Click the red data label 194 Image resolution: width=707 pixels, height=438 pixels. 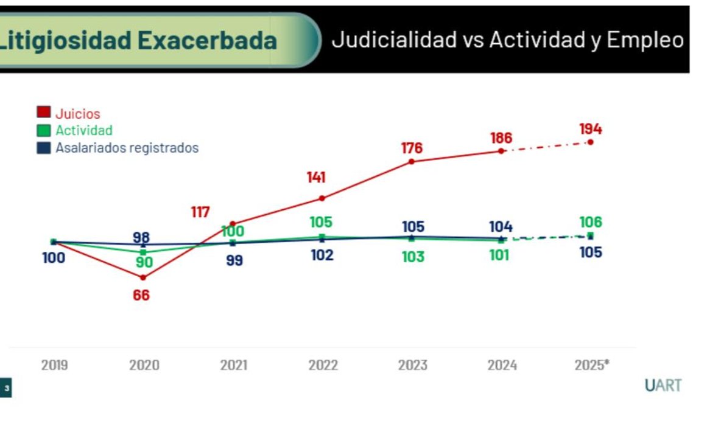[590, 129]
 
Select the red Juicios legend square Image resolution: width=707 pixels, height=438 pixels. [44, 113]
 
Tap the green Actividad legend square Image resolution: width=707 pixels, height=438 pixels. [44, 130]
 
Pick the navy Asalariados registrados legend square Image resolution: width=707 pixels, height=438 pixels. [44, 147]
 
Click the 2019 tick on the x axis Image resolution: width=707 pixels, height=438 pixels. [54, 366]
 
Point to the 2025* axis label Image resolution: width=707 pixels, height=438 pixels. [591, 366]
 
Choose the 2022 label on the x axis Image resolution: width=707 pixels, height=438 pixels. [323, 366]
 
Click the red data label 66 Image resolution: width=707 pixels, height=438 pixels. [141, 296]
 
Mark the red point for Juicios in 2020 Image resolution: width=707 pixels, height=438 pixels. [143, 277]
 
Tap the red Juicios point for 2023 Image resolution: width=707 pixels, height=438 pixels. [412, 161]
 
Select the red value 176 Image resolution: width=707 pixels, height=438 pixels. [412, 148]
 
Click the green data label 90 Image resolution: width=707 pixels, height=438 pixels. [144, 263]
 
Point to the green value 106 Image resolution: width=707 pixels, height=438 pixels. [590, 222]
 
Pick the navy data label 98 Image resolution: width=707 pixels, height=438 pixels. [141, 237]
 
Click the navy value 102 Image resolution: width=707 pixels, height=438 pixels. [322, 255]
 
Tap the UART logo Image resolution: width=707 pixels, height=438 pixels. [663, 386]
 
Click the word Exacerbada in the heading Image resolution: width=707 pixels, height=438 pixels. [207, 41]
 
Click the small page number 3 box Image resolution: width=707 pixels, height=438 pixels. [6, 388]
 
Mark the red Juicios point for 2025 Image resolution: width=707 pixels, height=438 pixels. [590, 142]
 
